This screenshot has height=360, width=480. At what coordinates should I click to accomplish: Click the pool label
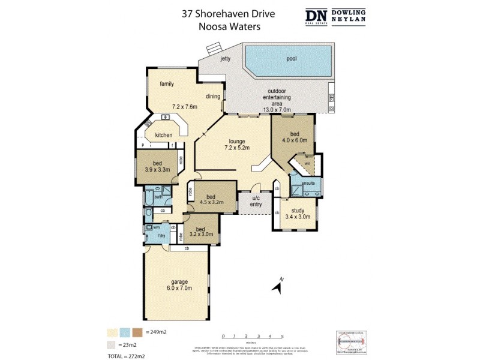(x=291, y=59)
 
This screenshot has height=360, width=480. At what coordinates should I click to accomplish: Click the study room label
(x=298, y=210)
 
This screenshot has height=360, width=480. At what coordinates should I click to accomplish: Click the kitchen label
(x=164, y=136)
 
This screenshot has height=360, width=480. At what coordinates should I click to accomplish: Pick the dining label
(x=213, y=96)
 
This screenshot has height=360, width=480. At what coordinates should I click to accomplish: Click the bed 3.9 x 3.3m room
(x=157, y=166)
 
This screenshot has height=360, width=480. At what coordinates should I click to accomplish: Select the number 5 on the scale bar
(x=282, y=336)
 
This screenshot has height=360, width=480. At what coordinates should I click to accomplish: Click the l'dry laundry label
(x=161, y=236)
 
